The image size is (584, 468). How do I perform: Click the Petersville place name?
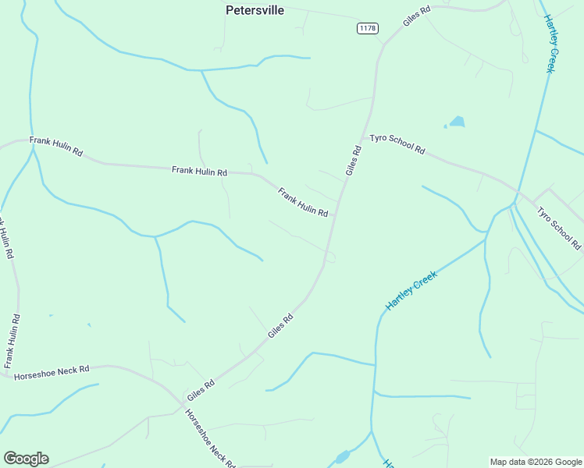pos(255,10)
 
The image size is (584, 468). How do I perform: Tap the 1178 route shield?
pos(368,28)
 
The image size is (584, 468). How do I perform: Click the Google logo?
pos(26,459)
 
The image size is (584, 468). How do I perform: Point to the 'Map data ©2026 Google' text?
pos(535,462)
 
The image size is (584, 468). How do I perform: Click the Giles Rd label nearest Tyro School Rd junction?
pos(353,161)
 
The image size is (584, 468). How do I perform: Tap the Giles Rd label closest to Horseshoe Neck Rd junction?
pos(201,391)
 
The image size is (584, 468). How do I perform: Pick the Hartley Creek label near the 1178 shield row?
pos(550,44)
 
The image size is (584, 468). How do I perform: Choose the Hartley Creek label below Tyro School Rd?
pos(412,289)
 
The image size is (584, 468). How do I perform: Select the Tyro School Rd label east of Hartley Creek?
pos(559,228)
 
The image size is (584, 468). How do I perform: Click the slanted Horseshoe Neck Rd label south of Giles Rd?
pos(210,438)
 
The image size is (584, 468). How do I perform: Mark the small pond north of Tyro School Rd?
pos(456,122)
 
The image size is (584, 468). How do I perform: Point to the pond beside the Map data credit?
pos(342,457)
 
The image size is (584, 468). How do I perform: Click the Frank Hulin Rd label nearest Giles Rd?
pos(303,202)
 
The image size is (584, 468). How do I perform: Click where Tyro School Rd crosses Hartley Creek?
pos(513,204)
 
